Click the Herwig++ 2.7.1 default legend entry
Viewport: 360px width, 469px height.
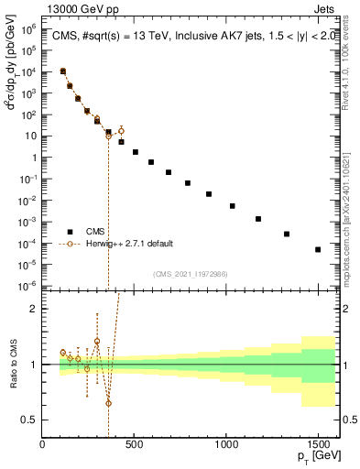click(127, 244)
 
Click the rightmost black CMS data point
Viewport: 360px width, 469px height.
click(318, 249)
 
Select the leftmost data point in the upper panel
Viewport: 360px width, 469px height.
click(62, 71)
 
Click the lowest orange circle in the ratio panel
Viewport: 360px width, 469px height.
click(108, 403)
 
